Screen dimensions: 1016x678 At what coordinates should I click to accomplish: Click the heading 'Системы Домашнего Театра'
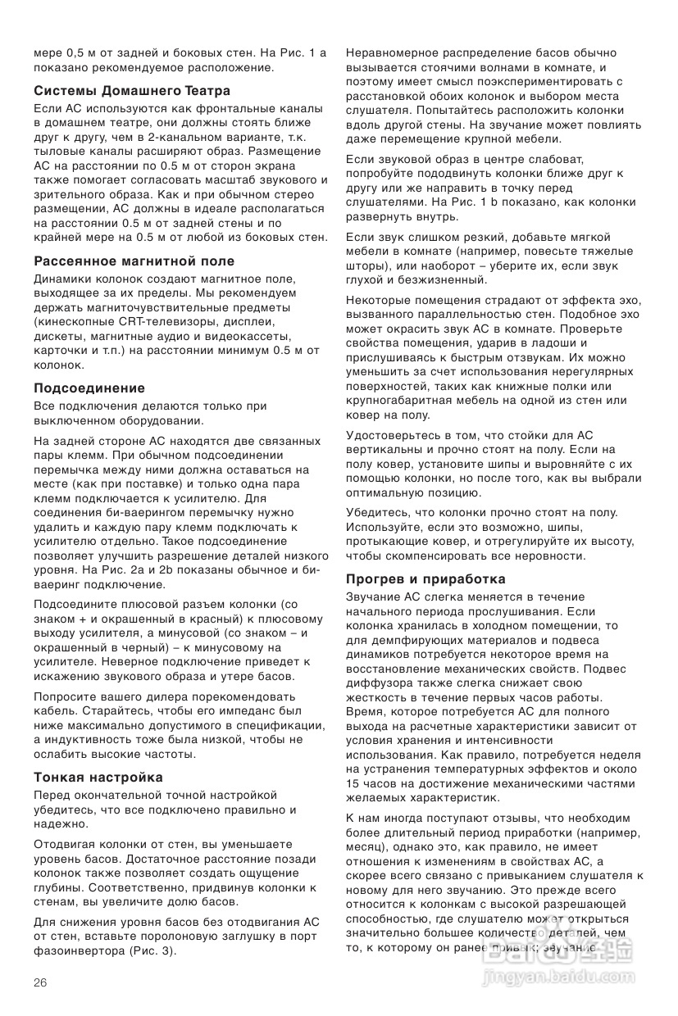[132, 90]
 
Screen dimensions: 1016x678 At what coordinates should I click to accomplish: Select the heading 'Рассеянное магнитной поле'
[134, 261]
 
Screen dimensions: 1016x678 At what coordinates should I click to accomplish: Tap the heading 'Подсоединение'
[89, 388]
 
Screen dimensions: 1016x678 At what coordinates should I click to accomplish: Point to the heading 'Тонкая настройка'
[98, 777]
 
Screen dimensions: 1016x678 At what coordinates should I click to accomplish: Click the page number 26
[41, 982]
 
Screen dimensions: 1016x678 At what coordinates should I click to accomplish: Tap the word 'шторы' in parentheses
[365, 266]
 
